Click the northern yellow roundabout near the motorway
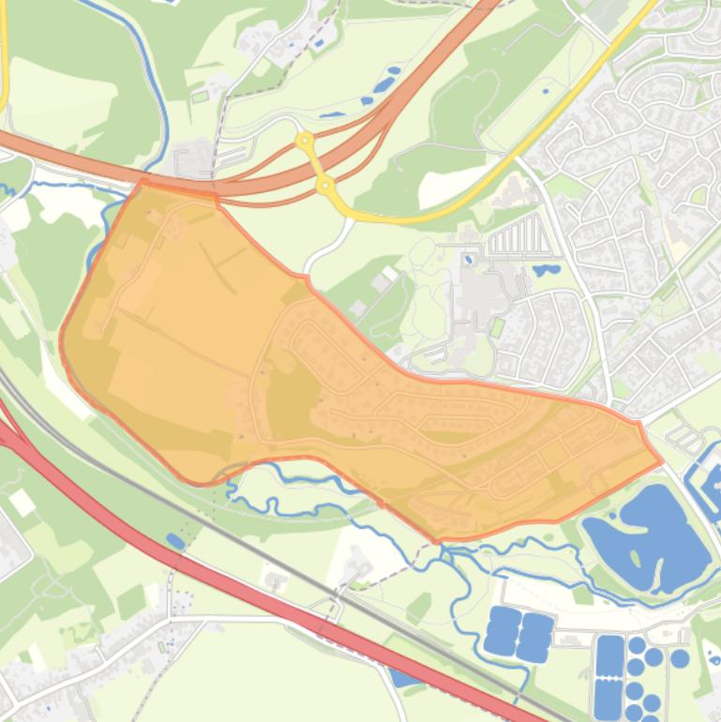click(x=304, y=142)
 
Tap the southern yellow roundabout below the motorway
click(x=325, y=187)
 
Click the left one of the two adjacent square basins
click(x=503, y=630)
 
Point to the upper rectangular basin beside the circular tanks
click(x=609, y=655)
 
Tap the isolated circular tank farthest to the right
click(x=680, y=659)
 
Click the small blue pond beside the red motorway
click(x=175, y=540)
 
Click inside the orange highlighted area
click(x=234, y=356)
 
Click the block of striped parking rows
click(x=512, y=238)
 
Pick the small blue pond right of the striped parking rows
click(x=545, y=270)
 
